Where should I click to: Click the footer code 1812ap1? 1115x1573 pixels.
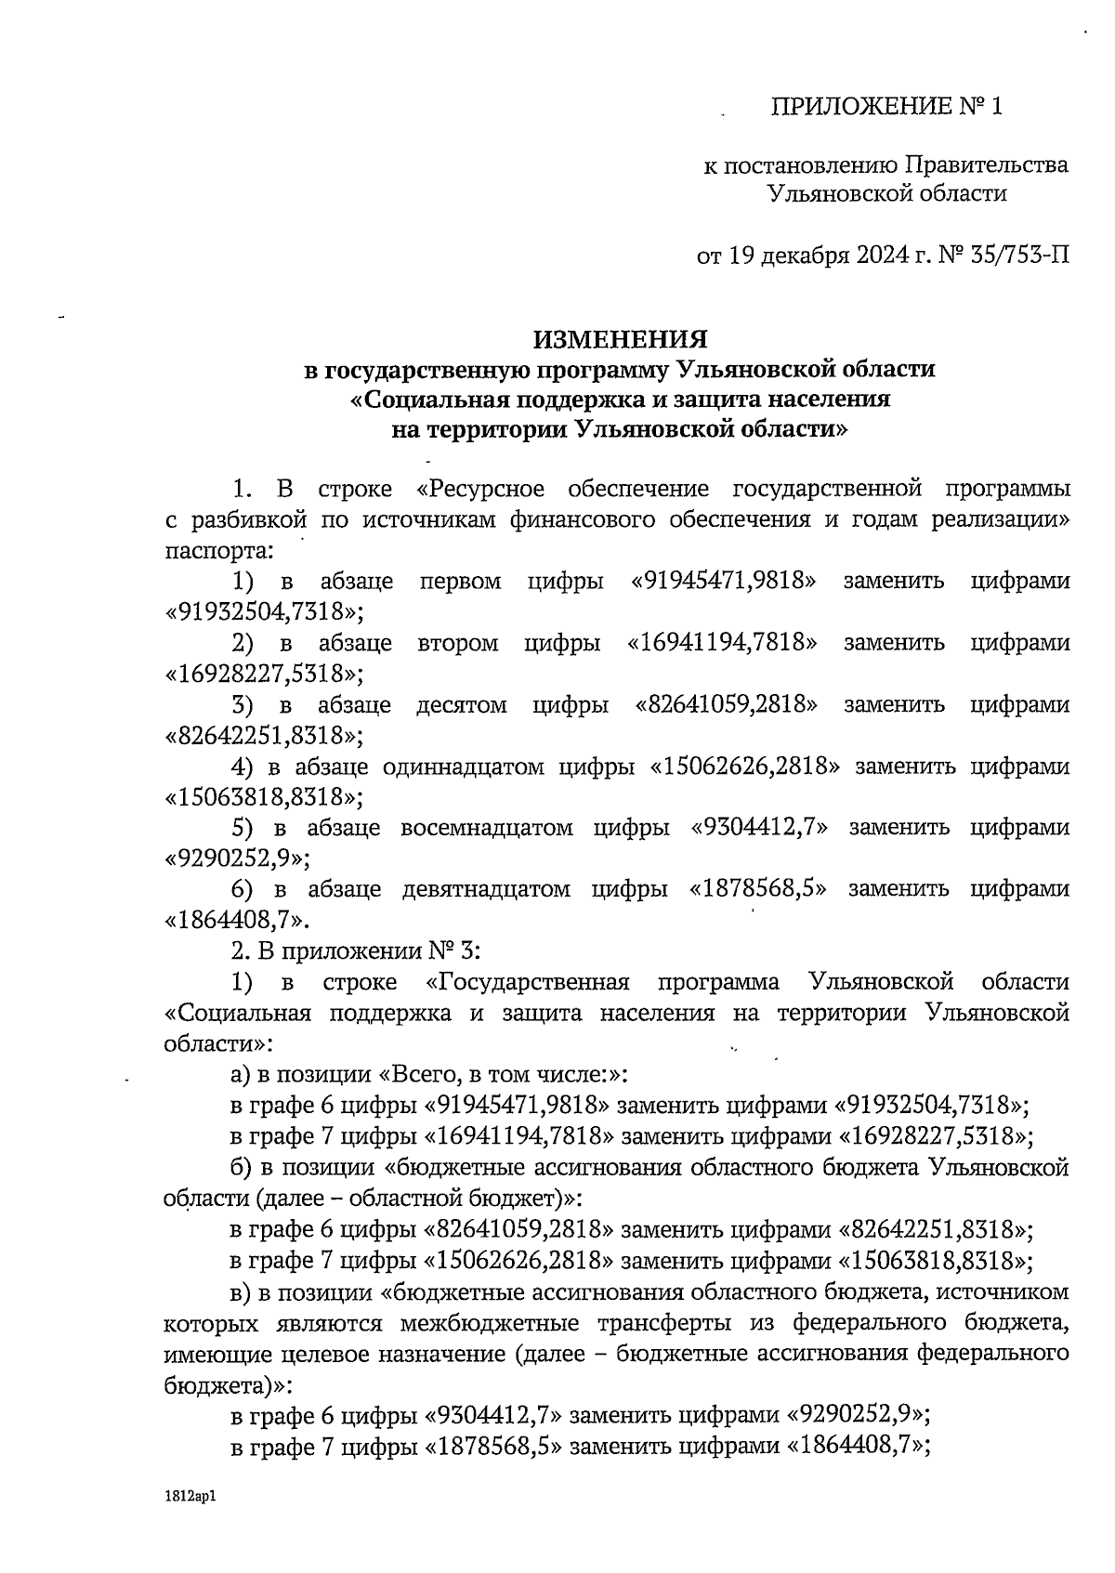pos(192,1497)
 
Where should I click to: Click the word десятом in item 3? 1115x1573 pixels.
pos(462,704)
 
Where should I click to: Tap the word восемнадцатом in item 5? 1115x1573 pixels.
pos(486,827)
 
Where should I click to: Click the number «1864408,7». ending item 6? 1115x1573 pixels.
pos(236,920)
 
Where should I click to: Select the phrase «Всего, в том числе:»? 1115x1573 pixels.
pos(504,1074)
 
